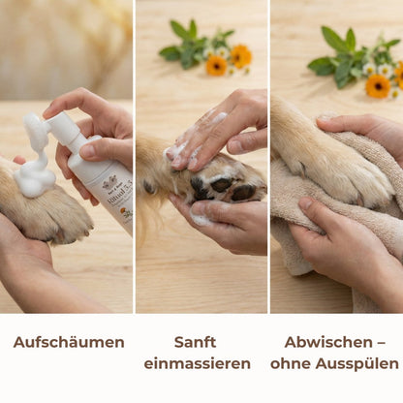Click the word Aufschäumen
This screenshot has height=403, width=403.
pyautogui.click(x=68, y=342)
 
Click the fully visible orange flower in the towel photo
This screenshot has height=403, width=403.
pyautogui.click(x=378, y=85)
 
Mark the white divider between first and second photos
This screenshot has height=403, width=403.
pyautogui.click(x=134, y=155)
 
